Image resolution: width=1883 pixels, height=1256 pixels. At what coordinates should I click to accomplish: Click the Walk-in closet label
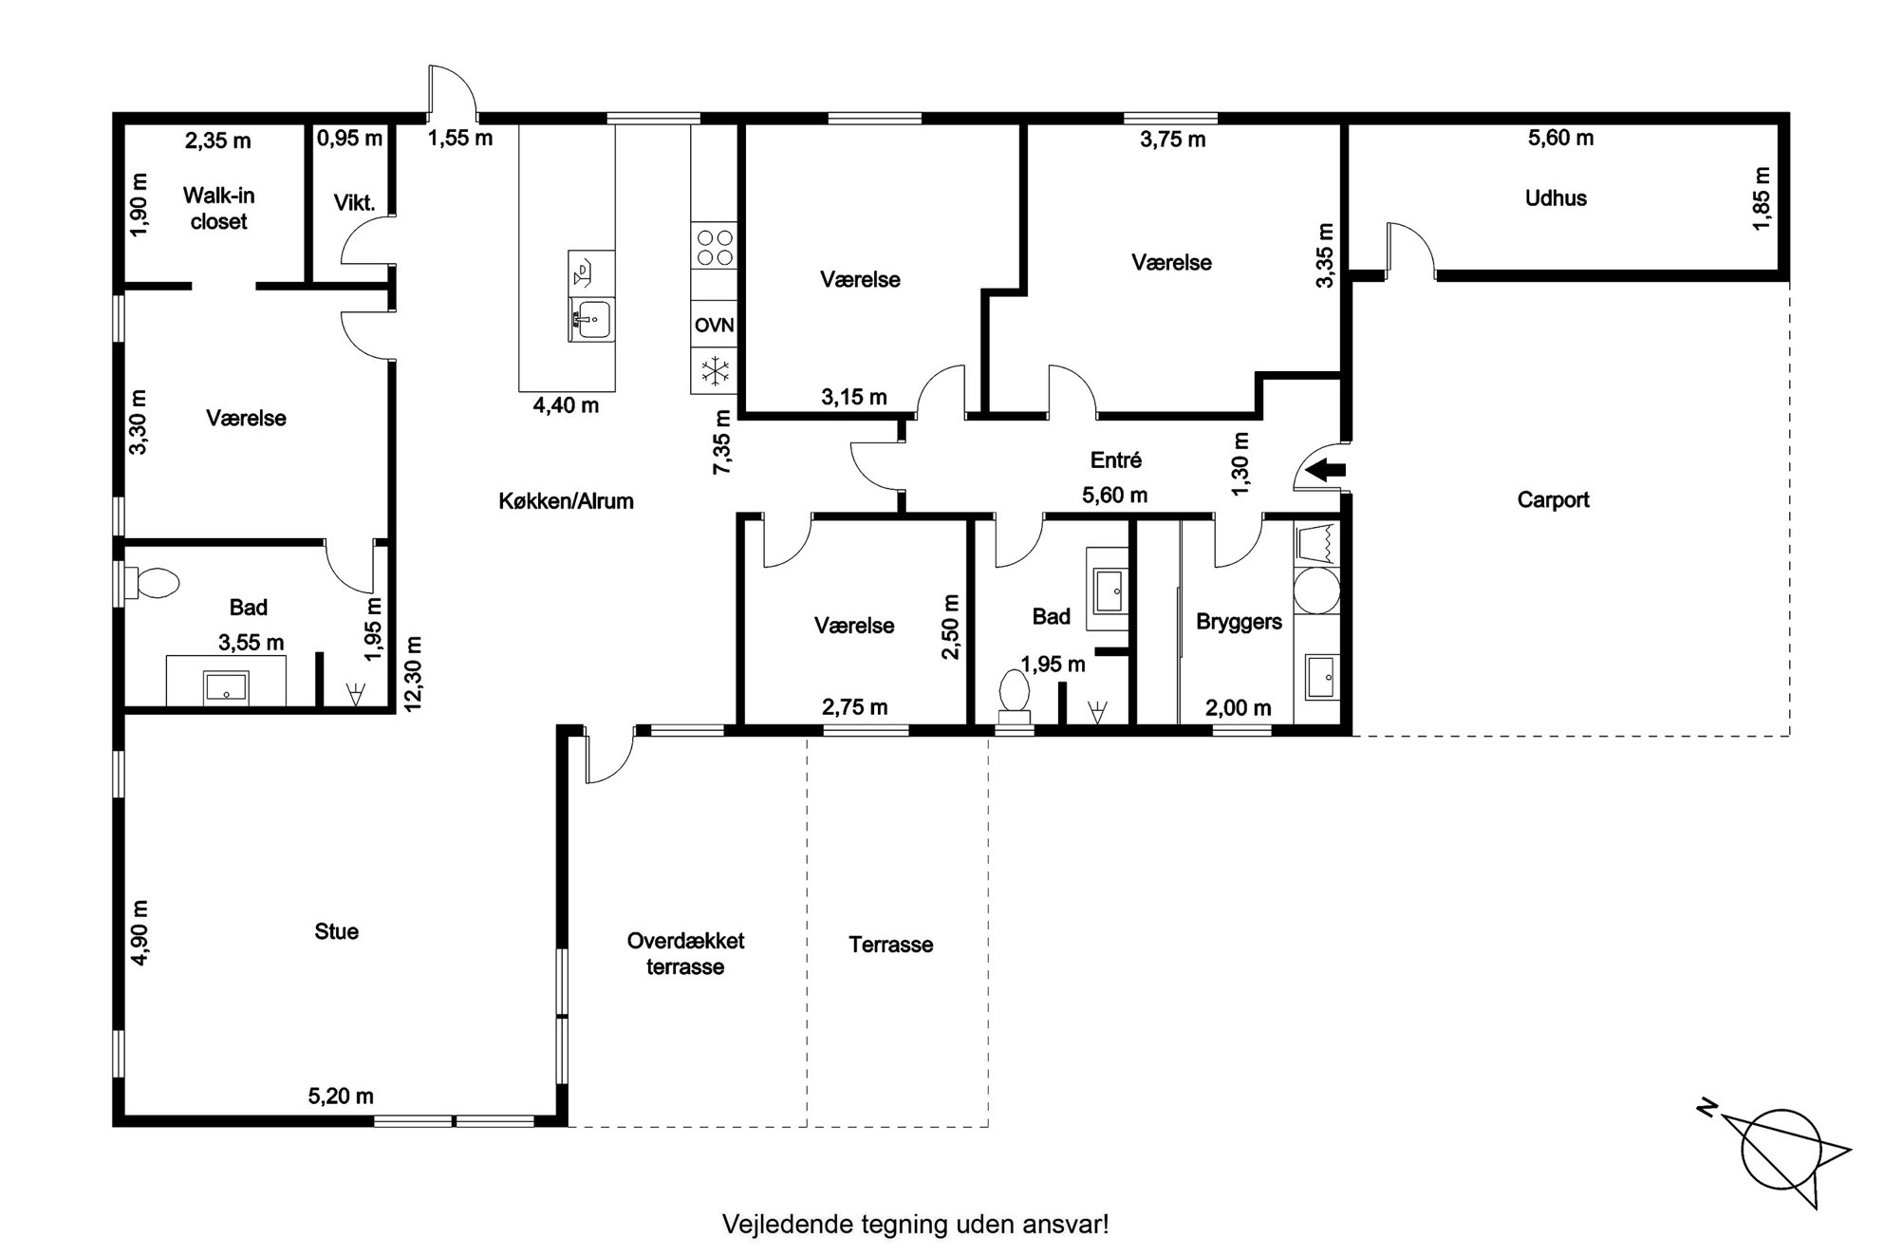pyautogui.click(x=218, y=209)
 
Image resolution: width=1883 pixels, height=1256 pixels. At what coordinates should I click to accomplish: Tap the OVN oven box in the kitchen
pyautogui.click(x=714, y=326)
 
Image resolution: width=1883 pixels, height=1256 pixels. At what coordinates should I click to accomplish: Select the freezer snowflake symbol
pyautogui.click(x=714, y=370)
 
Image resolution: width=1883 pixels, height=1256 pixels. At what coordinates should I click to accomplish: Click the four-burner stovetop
pyautogui.click(x=714, y=246)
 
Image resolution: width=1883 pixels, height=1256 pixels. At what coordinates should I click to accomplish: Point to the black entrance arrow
pyautogui.click(x=1326, y=468)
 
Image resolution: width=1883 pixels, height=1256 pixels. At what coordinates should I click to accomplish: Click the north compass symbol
pyautogui.click(x=1778, y=1152)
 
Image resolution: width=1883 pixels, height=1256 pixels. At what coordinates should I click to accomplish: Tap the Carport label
pyautogui.click(x=1553, y=500)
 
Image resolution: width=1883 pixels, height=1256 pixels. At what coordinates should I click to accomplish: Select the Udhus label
pyautogui.click(x=1556, y=198)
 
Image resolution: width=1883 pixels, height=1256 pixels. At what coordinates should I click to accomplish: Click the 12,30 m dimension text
pyautogui.click(x=414, y=673)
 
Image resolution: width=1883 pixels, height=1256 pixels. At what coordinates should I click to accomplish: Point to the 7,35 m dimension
pyautogui.click(x=722, y=442)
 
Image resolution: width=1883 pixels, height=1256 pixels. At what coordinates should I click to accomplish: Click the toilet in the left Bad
pyautogui.click(x=152, y=583)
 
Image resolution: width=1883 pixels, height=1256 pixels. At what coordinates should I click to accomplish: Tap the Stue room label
pyautogui.click(x=336, y=931)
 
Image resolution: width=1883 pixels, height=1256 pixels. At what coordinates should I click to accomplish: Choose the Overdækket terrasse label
pyautogui.click(x=685, y=954)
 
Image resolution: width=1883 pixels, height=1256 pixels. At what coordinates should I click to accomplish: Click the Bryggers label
pyautogui.click(x=1239, y=623)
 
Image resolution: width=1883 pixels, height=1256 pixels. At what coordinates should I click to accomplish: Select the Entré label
pyautogui.click(x=1115, y=460)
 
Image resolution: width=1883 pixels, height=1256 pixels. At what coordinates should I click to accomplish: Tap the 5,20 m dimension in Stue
pyautogui.click(x=341, y=1097)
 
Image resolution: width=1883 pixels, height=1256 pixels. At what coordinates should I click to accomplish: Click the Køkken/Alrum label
pyautogui.click(x=566, y=501)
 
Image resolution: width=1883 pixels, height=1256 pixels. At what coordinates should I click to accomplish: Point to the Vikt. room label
pyautogui.click(x=354, y=203)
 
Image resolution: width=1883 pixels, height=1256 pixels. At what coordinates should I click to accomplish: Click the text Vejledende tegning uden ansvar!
pyautogui.click(x=915, y=1224)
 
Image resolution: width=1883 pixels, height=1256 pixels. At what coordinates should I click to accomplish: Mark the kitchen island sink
pyautogui.click(x=591, y=320)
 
